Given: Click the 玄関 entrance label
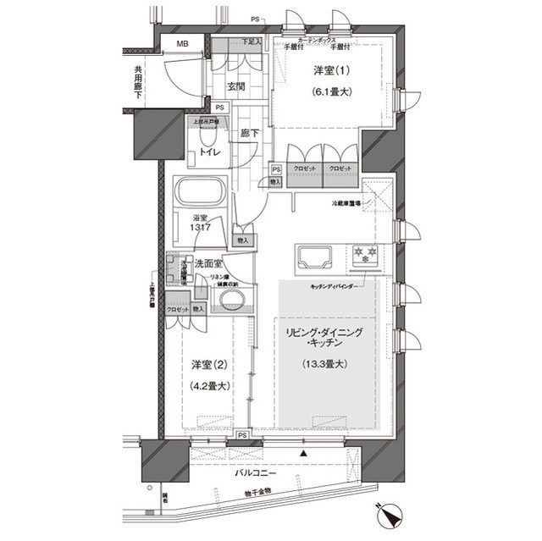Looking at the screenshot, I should coord(236,86).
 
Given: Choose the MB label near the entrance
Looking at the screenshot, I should coord(182,45).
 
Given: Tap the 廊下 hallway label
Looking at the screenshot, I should coord(249,133).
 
